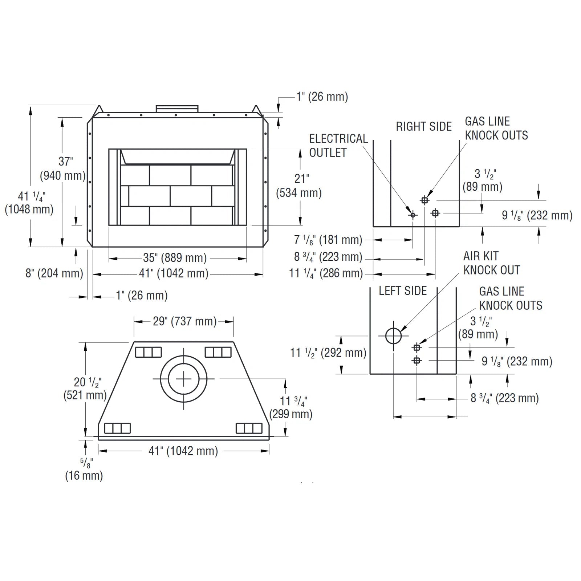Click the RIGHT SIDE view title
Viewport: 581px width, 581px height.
(424, 126)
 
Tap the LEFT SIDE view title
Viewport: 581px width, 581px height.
(403, 291)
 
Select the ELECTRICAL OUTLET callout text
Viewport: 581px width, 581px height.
(338, 146)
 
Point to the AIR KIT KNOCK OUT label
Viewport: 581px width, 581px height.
(492, 263)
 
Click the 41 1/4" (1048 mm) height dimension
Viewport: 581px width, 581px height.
(29, 203)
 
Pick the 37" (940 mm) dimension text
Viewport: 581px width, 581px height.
(62, 168)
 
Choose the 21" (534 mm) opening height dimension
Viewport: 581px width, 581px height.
(299, 186)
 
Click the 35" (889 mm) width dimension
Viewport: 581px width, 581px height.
(175, 258)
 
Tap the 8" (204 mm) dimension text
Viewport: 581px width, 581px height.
(54, 273)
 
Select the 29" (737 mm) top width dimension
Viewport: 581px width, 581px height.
(184, 321)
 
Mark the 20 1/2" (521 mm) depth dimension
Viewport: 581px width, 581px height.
(85, 389)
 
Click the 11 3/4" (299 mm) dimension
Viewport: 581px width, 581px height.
(291, 407)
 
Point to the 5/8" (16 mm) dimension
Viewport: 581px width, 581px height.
(84, 470)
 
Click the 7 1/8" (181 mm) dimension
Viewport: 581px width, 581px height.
(328, 240)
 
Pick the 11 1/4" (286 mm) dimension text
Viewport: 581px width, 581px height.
(326, 273)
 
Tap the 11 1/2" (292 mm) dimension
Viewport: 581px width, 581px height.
(328, 353)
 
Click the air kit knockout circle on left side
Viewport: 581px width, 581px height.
(393, 336)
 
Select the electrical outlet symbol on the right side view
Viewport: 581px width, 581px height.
(413, 215)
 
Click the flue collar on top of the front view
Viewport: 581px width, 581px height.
(177, 109)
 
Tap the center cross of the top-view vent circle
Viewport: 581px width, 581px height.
(183, 379)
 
